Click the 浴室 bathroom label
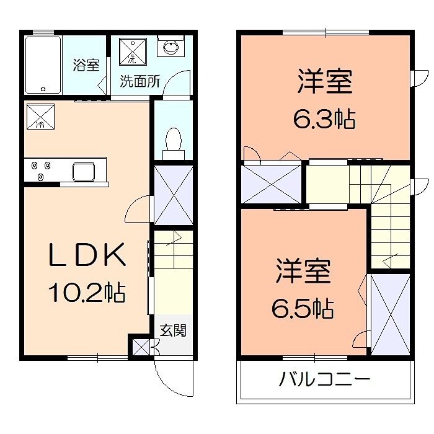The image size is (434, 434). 86,64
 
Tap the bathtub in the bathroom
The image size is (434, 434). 43,64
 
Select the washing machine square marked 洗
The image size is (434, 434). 131,51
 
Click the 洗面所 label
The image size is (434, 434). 139,81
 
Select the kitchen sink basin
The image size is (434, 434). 84,170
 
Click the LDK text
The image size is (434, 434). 88,256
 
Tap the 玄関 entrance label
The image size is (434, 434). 173,330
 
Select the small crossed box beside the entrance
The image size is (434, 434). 141,347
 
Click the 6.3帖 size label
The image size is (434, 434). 324,119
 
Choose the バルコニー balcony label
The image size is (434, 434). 324,378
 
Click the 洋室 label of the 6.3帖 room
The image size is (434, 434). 324,82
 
